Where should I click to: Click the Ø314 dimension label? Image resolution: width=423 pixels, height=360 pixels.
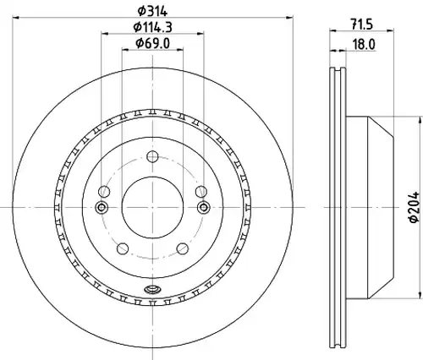click(152, 11)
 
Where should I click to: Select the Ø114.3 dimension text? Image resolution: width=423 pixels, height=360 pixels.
click(152, 27)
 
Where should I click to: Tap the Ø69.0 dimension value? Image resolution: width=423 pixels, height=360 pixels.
click(152, 43)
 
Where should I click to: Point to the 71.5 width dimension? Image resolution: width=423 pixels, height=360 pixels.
click(362, 25)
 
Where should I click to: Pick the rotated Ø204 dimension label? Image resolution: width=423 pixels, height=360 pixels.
click(415, 208)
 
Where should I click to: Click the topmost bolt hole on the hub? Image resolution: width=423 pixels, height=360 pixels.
click(152, 156)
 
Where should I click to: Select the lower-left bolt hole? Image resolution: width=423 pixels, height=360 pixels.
click(123, 248)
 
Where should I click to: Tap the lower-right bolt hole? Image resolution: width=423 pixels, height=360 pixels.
click(183, 248)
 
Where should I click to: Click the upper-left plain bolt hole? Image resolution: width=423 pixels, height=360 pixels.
click(104, 192)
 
